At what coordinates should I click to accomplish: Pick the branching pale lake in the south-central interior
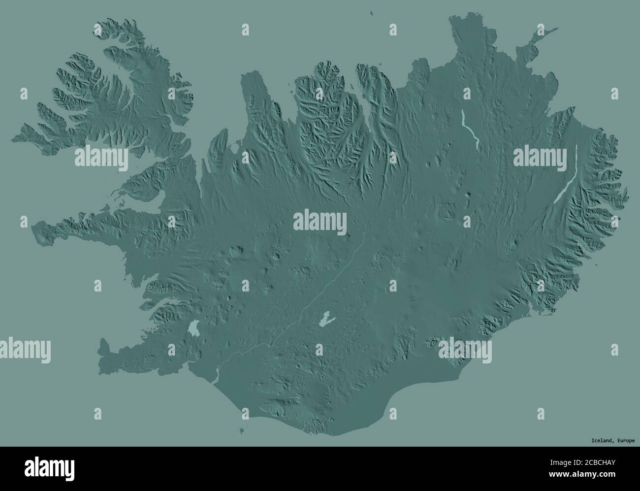[325, 319]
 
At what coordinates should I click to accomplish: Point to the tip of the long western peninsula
[33, 228]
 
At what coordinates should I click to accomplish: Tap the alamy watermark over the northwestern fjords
[101, 158]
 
